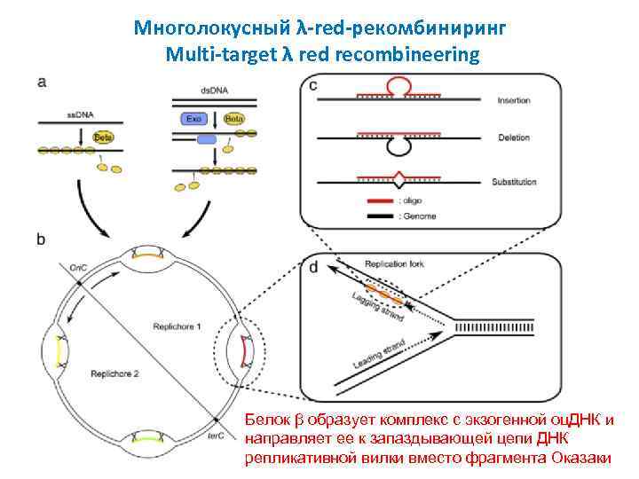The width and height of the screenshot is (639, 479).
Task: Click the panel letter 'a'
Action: coord(43,82)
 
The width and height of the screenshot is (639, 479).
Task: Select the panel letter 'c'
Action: coord(312,85)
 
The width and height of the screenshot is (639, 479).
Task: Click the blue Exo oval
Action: coord(192,118)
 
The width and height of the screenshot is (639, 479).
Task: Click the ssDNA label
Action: coord(80,114)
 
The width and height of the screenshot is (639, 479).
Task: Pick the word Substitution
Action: coord(515,182)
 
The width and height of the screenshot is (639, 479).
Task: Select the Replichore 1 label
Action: coord(177,326)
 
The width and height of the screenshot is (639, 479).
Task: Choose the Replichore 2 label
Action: coord(115,374)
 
